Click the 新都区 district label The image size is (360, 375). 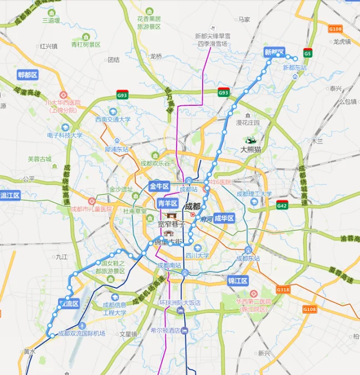[x=274, y=53]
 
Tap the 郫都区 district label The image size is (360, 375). [x=27, y=75]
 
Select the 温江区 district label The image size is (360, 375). [x=10, y=196]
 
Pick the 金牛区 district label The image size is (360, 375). [x=160, y=186]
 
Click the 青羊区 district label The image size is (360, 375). [x=168, y=204]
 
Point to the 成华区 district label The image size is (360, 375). [x=224, y=218]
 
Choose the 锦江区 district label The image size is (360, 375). [x=239, y=281]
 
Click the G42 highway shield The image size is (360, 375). [x=282, y=204]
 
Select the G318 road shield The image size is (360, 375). [x=283, y=290]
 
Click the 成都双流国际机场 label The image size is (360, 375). [x=81, y=333]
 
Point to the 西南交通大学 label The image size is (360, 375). [x=112, y=119]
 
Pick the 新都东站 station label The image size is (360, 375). [x=295, y=68]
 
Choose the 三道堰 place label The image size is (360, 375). [x=51, y=20]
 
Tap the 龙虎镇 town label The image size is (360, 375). [x=342, y=42]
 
